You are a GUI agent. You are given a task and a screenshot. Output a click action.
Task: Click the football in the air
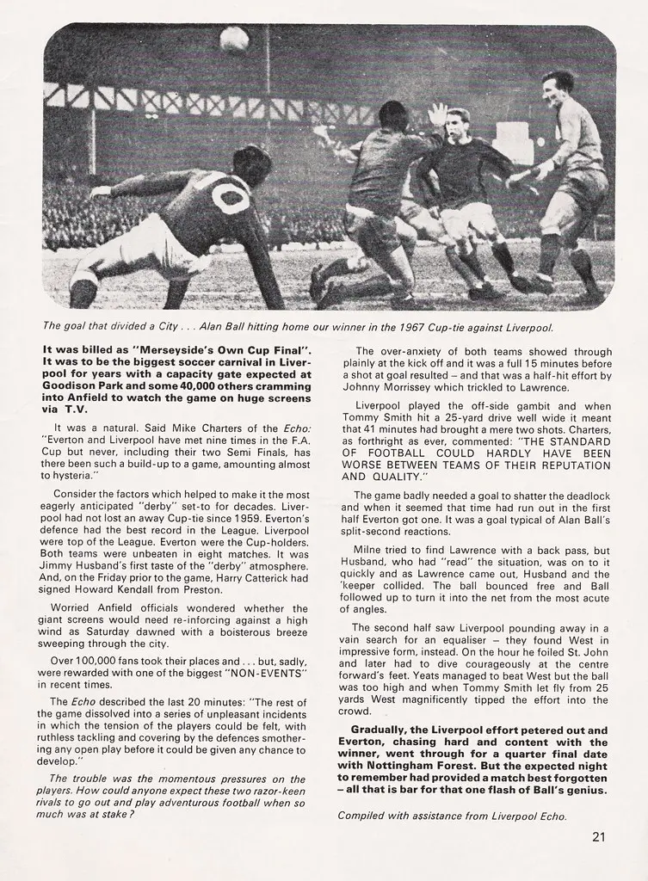pos(234,39)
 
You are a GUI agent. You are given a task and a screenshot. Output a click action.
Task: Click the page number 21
pos(601,835)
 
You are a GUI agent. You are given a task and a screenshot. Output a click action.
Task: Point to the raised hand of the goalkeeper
pos(439,114)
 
